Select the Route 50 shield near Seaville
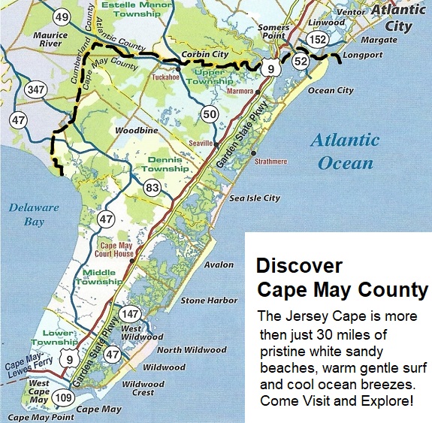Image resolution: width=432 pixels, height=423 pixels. click(209, 114)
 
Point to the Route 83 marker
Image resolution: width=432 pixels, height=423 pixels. click(153, 187)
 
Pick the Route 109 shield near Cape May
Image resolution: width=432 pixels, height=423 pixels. click(64, 397)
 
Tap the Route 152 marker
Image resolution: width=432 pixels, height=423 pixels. click(318, 41)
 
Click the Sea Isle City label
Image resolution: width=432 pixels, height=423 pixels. click(255, 198)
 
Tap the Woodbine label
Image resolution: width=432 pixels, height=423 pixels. click(135, 130)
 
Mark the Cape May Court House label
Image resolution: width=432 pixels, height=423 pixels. click(119, 249)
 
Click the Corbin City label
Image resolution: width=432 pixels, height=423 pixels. click(204, 55)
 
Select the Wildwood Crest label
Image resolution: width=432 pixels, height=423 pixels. click(143, 389)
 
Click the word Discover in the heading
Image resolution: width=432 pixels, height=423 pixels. click(299, 266)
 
